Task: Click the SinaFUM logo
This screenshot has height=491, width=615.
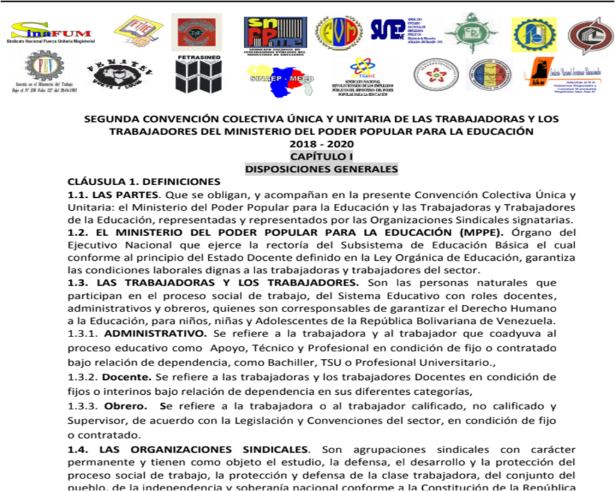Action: (x=50, y=31)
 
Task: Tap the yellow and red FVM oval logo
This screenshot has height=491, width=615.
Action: (x=339, y=32)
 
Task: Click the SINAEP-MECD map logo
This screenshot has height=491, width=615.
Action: (x=281, y=79)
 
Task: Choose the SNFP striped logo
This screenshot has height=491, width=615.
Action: (x=275, y=32)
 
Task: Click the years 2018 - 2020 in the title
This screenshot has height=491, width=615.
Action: (x=321, y=144)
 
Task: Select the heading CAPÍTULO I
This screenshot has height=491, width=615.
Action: (x=321, y=156)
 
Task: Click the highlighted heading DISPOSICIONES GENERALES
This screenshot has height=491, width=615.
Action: (x=321, y=169)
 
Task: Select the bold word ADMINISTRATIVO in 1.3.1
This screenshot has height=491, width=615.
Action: (x=155, y=333)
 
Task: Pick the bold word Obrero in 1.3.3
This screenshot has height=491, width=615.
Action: (x=127, y=406)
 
